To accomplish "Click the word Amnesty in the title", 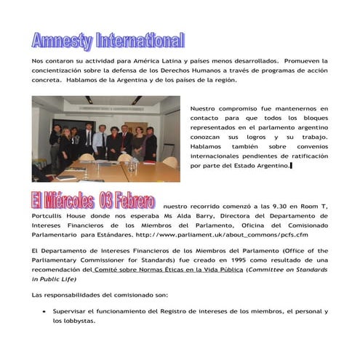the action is pyautogui.click(x=62, y=41).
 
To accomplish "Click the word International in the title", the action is pyautogui.click(x=139, y=41).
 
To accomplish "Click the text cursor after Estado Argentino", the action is pyautogui.click(x=291, y=166).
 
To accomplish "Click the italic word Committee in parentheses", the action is pyautogui.click(x=270, y=269).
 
